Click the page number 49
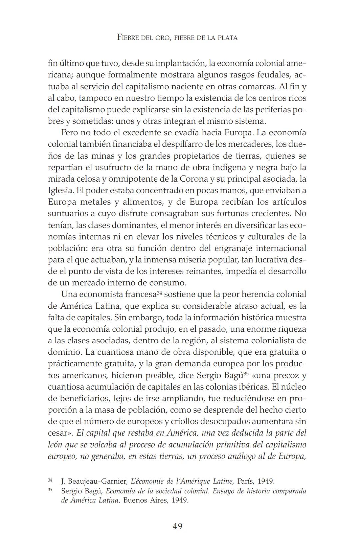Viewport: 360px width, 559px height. tap(177, 526)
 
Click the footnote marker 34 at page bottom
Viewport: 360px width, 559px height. tap(50, 480)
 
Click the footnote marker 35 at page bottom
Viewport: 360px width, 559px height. tap(50, 490)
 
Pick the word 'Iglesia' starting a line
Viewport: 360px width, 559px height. tap(60, 191)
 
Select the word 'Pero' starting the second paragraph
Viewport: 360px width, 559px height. tap(69, 133)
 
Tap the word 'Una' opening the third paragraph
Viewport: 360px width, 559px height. tap(69, 295)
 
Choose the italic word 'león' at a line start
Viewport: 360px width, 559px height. tap(56, 445)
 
